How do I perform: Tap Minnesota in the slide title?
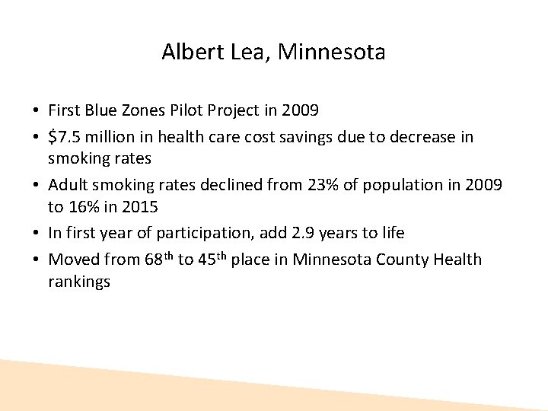[x=332, y=52]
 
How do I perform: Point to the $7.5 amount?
[x=65, y=137]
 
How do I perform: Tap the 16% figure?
[x=84, y=206]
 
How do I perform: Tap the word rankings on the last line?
[x=79, y=282]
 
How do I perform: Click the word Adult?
[x=68, y=185]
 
